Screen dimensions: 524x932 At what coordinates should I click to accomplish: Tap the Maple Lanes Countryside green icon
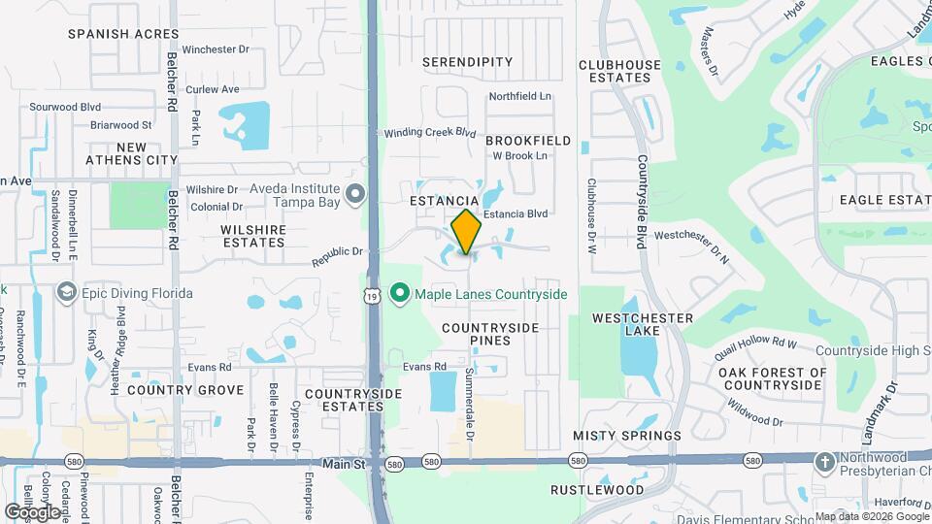coord(398,293)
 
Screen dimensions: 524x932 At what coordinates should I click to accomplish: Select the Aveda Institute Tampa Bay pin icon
coord(354,195)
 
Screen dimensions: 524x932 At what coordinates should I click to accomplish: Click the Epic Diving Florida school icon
coord(67,292)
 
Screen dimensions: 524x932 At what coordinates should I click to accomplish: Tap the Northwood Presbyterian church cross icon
coord(824,462)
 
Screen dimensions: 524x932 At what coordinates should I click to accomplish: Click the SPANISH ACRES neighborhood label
coord(110,33)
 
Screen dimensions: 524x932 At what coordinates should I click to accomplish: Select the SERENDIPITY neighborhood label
coord(468,62)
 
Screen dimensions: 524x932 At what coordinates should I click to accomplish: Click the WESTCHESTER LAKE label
coord(643,324)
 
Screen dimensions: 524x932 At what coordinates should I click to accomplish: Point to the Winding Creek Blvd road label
coord(430,133)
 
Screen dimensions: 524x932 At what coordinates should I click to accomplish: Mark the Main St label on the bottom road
coord(344,465)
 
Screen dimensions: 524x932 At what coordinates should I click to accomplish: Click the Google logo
coord(32,511)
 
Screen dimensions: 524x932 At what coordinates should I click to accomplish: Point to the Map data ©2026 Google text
coord(870,516)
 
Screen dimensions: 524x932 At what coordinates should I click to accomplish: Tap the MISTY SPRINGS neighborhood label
coord(627,436)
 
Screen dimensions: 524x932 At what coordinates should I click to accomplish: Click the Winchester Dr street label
coord(216,49)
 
